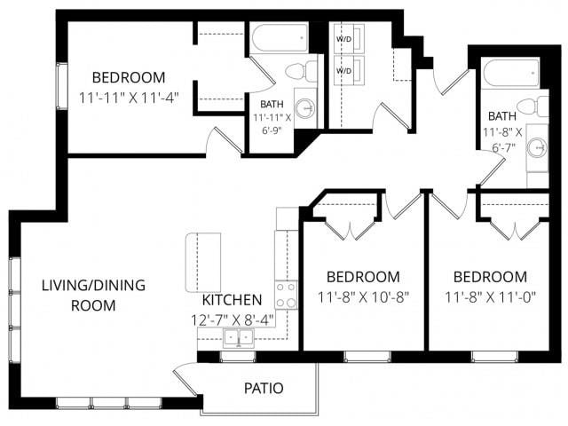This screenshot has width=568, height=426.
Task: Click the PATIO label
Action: click(264, 388)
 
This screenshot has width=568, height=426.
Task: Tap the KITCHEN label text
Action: click(232, 300)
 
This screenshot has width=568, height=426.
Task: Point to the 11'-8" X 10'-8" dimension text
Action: click(363, 297)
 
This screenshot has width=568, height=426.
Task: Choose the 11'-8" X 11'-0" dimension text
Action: click(490, 297)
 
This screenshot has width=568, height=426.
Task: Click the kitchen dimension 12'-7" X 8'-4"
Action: click(232, 319)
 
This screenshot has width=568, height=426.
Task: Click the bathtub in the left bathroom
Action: click(279, 38)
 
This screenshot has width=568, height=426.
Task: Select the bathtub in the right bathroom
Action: click(510, 72)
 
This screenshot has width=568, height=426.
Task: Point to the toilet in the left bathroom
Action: click(296, 70)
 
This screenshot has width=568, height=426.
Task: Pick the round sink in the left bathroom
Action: click(305, 108)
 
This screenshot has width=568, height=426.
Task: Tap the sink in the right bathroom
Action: click(537, 147)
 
